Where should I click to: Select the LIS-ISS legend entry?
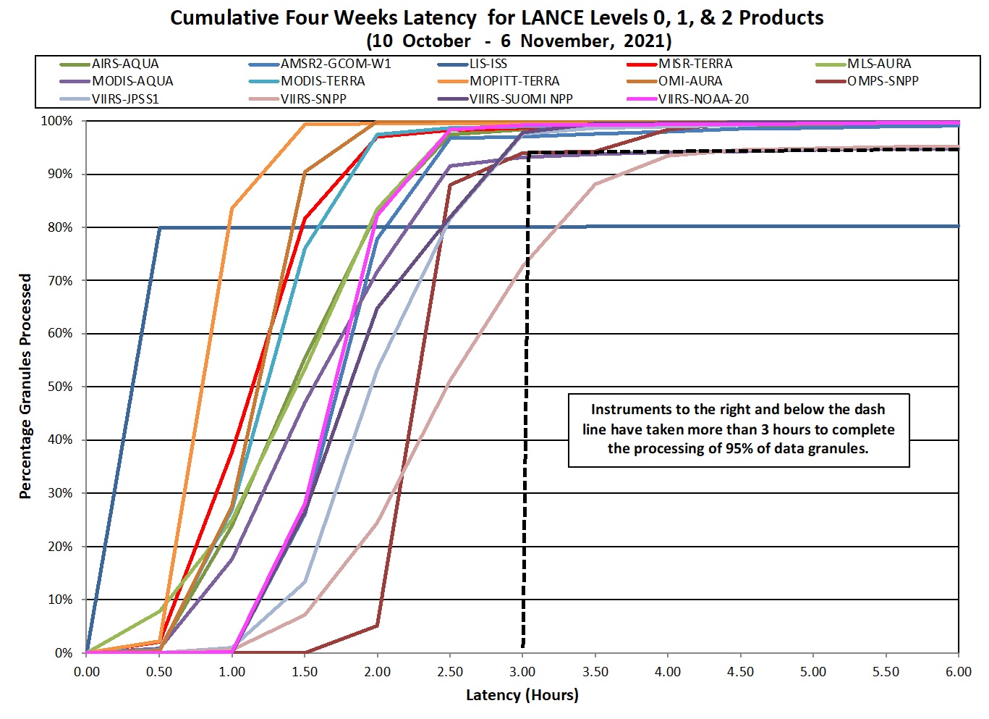pos(488,64)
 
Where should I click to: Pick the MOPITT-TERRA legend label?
pos(514,81)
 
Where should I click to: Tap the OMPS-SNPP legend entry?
pos(883,81)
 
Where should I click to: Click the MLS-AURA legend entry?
pos(879,64)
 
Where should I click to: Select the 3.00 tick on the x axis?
pos(523,672)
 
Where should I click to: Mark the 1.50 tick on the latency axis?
pos(305,672)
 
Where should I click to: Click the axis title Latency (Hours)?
pos(522,696)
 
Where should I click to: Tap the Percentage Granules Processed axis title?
pos(26,386)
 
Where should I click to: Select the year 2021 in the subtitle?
pos(646,41)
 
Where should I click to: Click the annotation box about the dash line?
pos(738,429)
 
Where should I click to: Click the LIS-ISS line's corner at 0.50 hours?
pos(160,227)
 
